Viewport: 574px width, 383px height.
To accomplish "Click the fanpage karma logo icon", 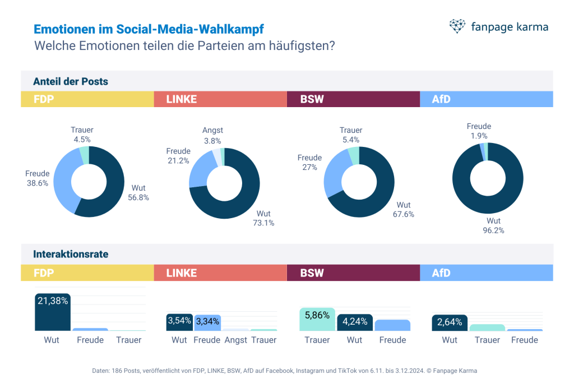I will [457, 26].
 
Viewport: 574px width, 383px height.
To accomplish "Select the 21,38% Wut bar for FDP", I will [53, 312].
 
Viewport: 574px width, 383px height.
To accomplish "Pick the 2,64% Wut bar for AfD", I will [450, 323].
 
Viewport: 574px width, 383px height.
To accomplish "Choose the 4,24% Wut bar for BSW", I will [354, 322].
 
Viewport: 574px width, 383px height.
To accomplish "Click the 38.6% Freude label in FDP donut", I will [38, 178].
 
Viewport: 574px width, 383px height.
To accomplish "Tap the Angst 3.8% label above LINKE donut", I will [212, 136].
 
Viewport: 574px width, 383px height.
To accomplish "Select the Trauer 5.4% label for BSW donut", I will [351, 135].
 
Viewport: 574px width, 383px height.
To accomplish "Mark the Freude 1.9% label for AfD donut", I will [479, 131].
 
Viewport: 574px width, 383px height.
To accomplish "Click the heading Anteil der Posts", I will [71, 81].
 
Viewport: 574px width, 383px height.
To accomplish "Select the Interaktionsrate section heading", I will [71, 254].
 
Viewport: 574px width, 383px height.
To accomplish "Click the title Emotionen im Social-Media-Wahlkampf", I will [149, 29].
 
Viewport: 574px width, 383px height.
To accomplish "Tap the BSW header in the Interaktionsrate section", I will [312, 273].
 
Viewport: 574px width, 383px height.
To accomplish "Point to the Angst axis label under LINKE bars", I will [235, 340].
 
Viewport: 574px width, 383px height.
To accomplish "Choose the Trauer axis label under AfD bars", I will [487, 340].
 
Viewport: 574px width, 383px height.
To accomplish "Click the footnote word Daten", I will [100, 371].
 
